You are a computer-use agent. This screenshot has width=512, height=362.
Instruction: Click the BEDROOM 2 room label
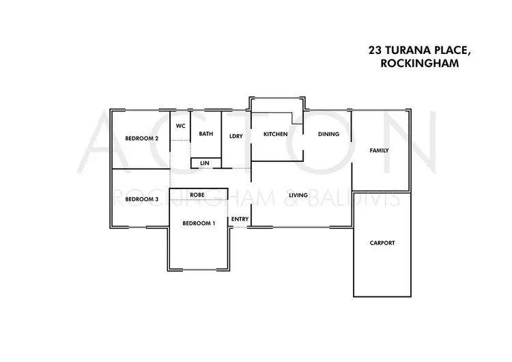pyautogui.click(x=142, y=139)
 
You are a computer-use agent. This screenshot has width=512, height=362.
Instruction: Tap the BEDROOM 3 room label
pyautogui.click(x=142, y=199)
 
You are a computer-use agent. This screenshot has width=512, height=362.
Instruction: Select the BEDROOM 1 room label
pyautogui.click(x=199, y=223)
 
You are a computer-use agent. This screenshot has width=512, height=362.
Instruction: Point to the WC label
pyautogui.click(x=181, y=126)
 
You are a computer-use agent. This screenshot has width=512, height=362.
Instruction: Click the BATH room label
pyautogui.click(x=206, y=134)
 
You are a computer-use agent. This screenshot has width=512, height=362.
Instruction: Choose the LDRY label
pyautogui.click(x=236, y=136)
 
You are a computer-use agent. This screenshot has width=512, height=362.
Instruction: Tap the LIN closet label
pyautogui.click(x=205, y=163)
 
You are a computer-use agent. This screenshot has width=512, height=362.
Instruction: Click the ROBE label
pyautogui.click(x=197, y=195)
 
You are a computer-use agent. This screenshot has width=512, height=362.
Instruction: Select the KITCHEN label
pyautogui.click(x=276, y=135)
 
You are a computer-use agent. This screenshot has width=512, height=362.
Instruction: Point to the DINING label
pyautogui.click(x=328, y=135)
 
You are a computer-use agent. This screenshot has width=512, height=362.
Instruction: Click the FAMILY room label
pyautogui.click(x=379, y=151)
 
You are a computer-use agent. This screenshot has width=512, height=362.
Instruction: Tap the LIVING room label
pyautogui.click(x=298, y=195)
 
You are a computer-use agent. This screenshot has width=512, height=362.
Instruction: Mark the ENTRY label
pyautogui.click(x=240, y=219)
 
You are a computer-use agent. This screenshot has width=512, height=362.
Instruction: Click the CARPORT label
pyautogui.click(x=382, y=243)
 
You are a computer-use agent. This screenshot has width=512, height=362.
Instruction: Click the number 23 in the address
pyautogui.click(x=375, y=51)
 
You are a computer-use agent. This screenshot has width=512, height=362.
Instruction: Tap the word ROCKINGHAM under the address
pyautogui.click(x=420, y=63)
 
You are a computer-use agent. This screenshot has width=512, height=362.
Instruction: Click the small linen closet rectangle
pyautogui.click(x=206, y=163)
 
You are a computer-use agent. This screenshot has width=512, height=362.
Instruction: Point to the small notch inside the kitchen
pyautogui.click(x=297, y=118)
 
